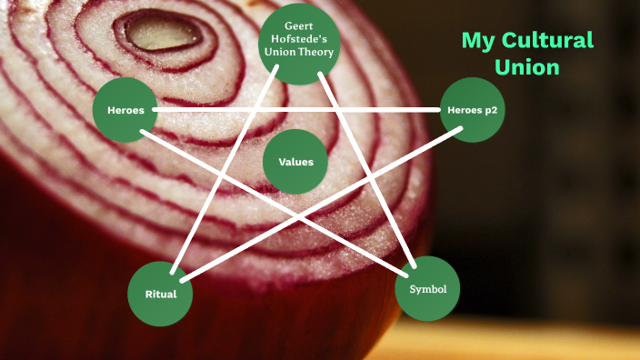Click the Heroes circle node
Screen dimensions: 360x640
[x=125, y=110]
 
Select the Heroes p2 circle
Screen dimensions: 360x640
[x=472, y=110]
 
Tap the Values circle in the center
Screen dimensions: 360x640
[x=295, y=162]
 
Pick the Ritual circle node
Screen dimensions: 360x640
[x=160, y=294]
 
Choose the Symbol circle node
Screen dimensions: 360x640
[x=427, y=289]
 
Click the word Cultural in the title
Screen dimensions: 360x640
[x=551, y=41]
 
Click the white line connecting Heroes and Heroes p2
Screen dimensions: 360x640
[x=300, y=110]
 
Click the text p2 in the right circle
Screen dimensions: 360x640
[x=492, y=110]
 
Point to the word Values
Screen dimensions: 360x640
[x=295, y=162]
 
